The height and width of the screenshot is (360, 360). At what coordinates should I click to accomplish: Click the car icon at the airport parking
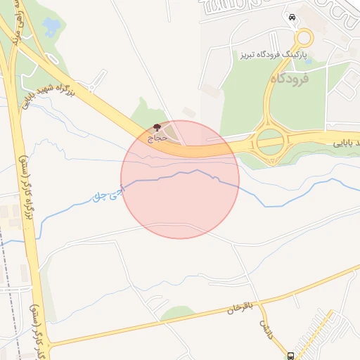point(291,16)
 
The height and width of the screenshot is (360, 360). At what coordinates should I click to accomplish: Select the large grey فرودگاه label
point(288,79)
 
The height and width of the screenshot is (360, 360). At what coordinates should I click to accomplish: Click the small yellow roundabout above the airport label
point(304,38)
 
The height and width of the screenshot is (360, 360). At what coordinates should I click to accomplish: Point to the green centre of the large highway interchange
point(271,142)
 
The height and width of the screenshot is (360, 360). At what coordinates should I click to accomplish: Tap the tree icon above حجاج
point(156,127)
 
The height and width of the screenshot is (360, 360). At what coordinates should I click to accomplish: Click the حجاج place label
point(157,138)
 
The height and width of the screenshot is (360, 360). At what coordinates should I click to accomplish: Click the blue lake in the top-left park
point(51,27)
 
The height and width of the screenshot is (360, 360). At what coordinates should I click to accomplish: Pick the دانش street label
point(265,327)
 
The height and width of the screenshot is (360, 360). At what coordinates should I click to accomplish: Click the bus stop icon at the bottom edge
point(291,355)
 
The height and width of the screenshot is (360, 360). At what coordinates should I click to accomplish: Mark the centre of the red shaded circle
point(180,179)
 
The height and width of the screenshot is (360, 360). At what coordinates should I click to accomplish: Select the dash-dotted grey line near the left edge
point(8,281)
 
